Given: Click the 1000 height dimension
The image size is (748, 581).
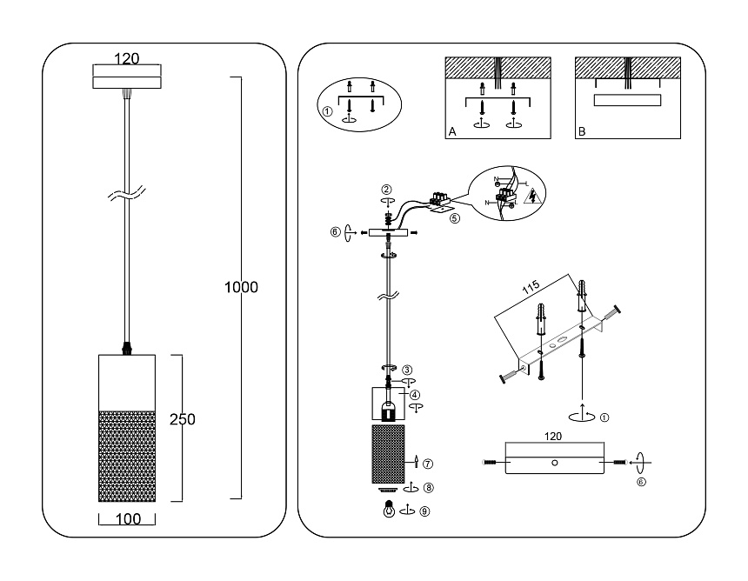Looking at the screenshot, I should point(241,287).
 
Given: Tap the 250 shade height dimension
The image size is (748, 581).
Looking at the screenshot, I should point(182,418).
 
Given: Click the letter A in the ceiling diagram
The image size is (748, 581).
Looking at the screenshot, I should point(452,133).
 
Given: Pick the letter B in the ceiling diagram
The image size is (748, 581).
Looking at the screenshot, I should point(581,133).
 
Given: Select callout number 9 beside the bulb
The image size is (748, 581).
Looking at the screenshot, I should point(424,512).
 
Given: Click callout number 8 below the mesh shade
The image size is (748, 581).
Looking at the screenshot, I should point(429,488).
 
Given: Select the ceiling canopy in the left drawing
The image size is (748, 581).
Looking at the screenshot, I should point(127,76).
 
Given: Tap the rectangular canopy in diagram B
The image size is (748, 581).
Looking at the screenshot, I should point(626,101).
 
